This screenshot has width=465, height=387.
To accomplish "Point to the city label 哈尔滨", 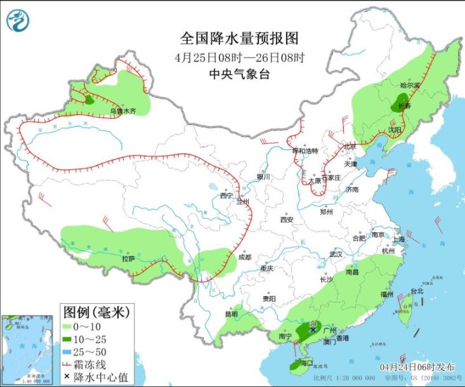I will click(x=410, y=85).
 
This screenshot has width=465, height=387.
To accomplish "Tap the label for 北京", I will click(x=350, y=147).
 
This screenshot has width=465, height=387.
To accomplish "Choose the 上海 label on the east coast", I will click(x=398, y=239).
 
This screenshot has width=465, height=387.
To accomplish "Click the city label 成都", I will click(x=244, y=257).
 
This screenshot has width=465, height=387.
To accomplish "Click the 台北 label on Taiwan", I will click(x=416, y=291).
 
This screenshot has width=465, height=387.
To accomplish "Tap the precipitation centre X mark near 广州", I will click(x=313, y=330).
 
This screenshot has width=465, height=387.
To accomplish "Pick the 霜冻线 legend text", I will click(x=99, y=364).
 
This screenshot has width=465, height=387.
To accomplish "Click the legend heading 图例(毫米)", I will click(x=96, y=311).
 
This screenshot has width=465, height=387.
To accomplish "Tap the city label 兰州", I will click(x=243, y=201).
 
